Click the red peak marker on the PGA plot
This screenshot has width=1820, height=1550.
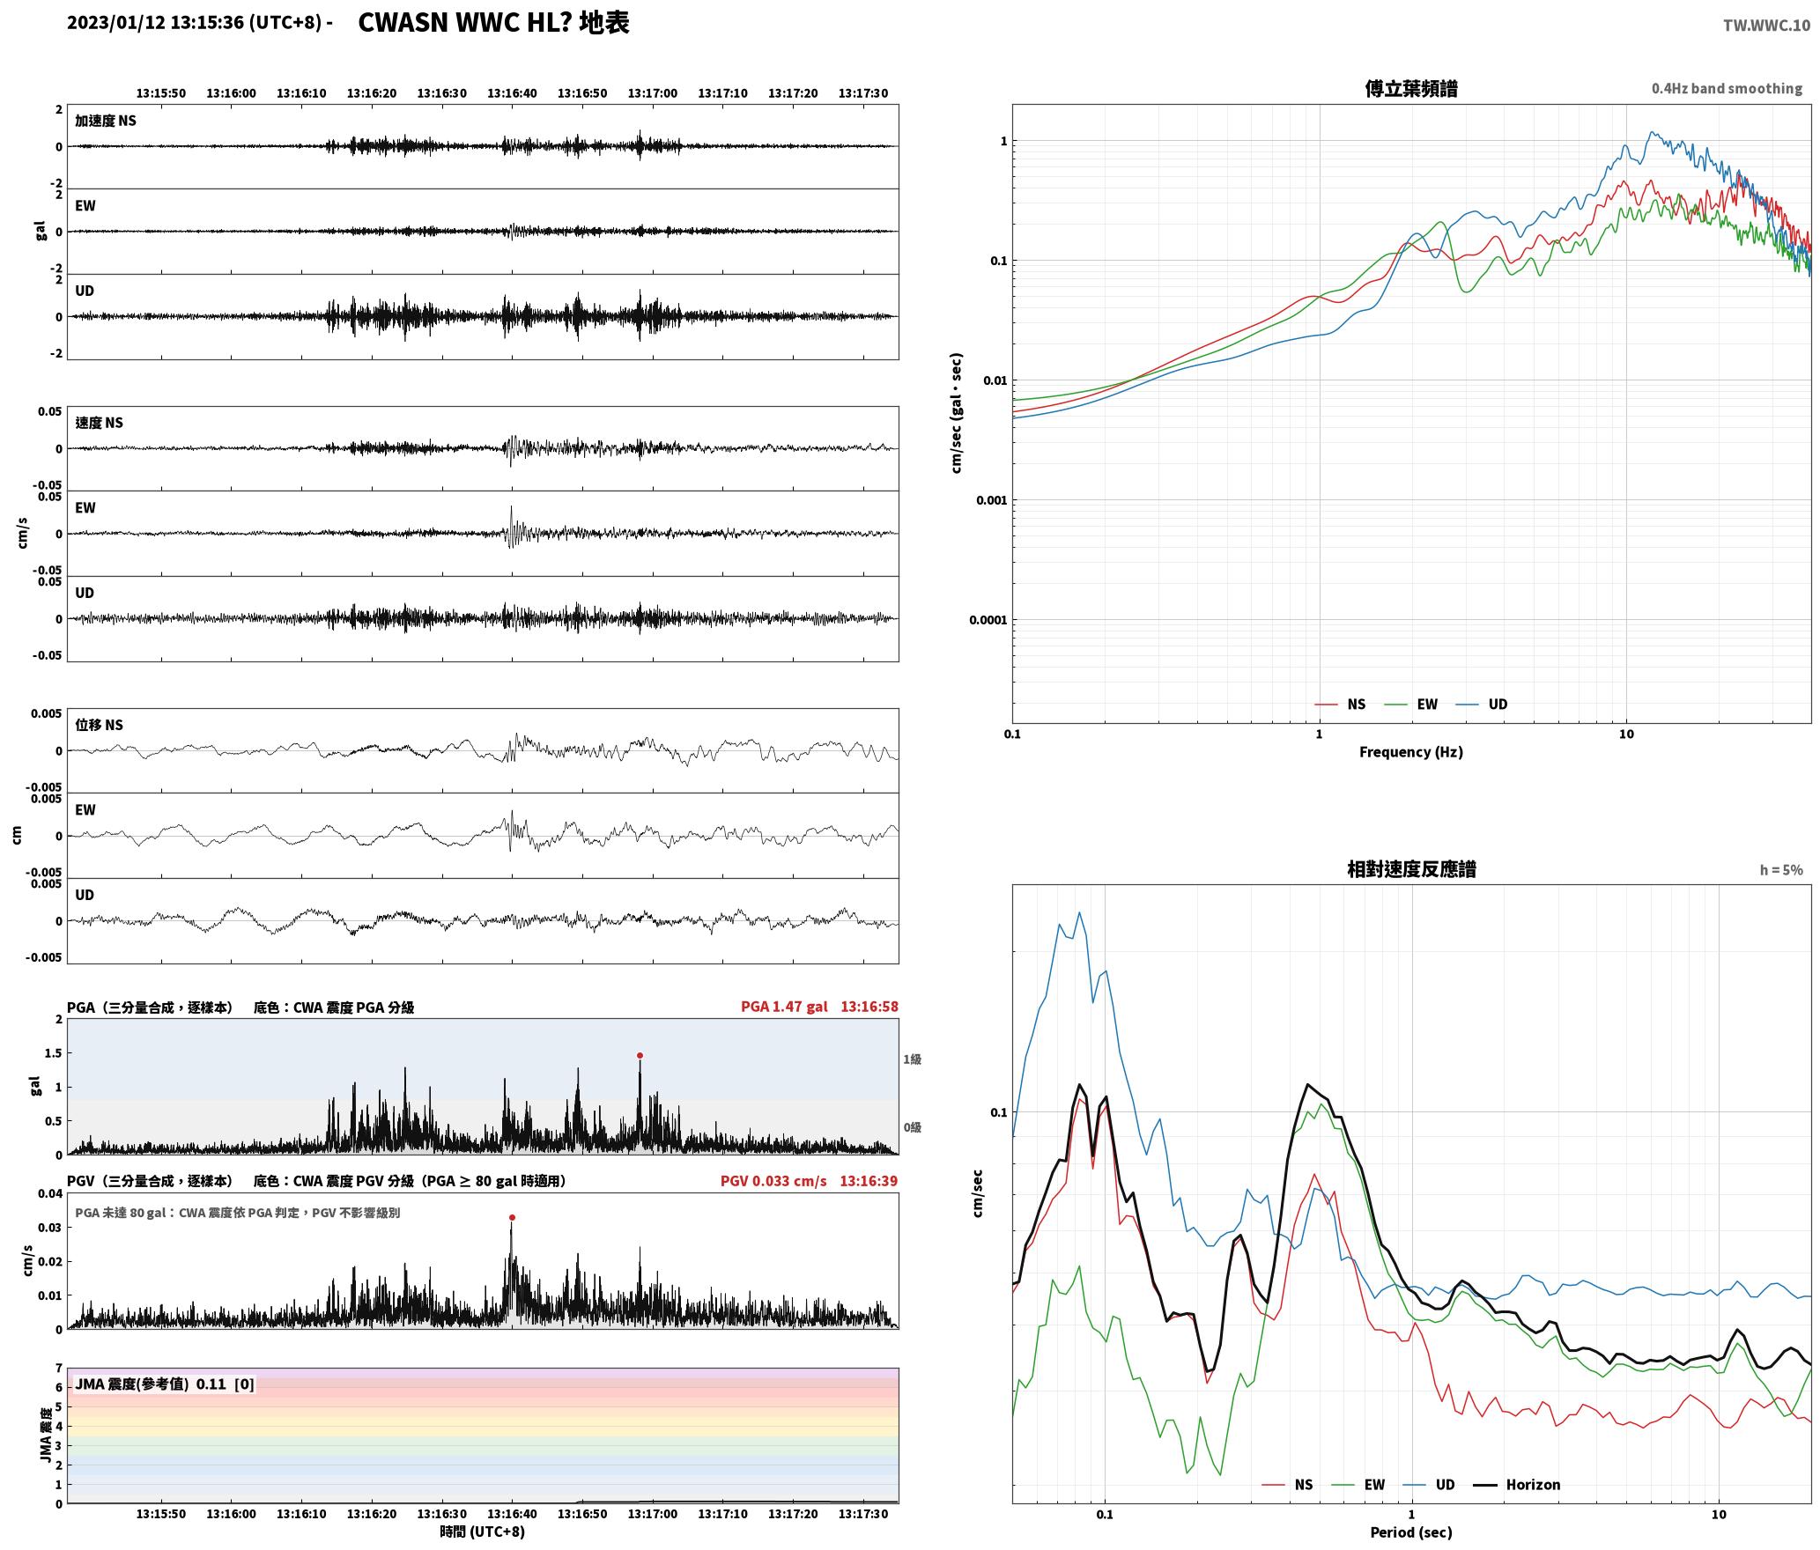(640, 1055)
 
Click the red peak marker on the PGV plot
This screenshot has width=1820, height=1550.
(512, 1218)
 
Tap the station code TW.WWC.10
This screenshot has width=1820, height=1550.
(1766, 26)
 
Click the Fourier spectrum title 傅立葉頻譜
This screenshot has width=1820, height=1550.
(1410, 89)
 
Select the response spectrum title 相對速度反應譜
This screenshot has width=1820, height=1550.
(1411, 869)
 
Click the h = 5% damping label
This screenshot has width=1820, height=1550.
(1781, 870)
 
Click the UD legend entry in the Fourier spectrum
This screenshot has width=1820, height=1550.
(1482, 705)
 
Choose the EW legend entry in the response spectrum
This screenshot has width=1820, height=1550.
(1358, 1485)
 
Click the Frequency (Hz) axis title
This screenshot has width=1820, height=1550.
(1410, 752)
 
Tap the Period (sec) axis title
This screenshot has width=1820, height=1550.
(1410, 1532)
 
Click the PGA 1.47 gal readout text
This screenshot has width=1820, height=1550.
(784, 1007)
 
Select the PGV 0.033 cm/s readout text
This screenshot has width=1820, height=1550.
(773, 1181)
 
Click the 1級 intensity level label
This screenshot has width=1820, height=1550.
(912, 1059)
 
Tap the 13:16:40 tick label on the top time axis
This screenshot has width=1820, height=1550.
(512, 93)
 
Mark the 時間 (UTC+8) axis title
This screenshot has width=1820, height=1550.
(483, 1532)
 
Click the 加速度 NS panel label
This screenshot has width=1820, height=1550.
(106, 122)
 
